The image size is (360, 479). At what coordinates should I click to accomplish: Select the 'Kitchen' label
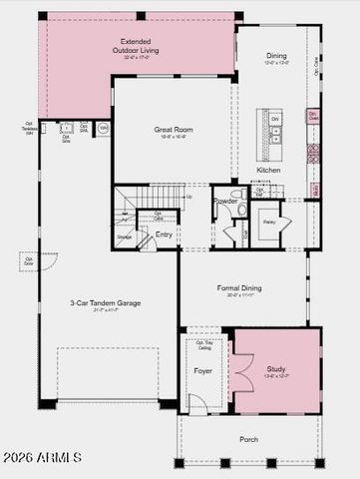pyautogui.click(x=268, y=171)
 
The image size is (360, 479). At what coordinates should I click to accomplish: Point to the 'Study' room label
pyautogui.click(x=275, y=369)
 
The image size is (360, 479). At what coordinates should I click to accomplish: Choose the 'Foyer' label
pyautogui.click(x=202, y=371)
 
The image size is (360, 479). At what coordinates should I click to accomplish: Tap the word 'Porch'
pyautogui.click(x=248, y=439)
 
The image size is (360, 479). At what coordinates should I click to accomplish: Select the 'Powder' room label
pyautogui.click(x=225, y=201)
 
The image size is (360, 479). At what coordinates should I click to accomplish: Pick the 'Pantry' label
pyautogui.click(x=269, y=223)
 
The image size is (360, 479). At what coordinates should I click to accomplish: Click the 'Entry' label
pyautogui.click(x=164, y=235)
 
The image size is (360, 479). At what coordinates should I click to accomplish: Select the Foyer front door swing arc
pyautogui.click(x=197, y=403)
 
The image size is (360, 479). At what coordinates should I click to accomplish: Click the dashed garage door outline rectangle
pyautogui.click(x=108, y=373)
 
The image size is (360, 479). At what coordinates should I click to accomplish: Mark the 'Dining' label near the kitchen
pyautogui.click(x=276, y=57)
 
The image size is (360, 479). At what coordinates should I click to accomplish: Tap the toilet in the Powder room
pyautogui.click(x=238, y=197)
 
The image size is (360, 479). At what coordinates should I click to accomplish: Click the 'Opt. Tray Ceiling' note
pyautogui.click(x=203, y=345)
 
